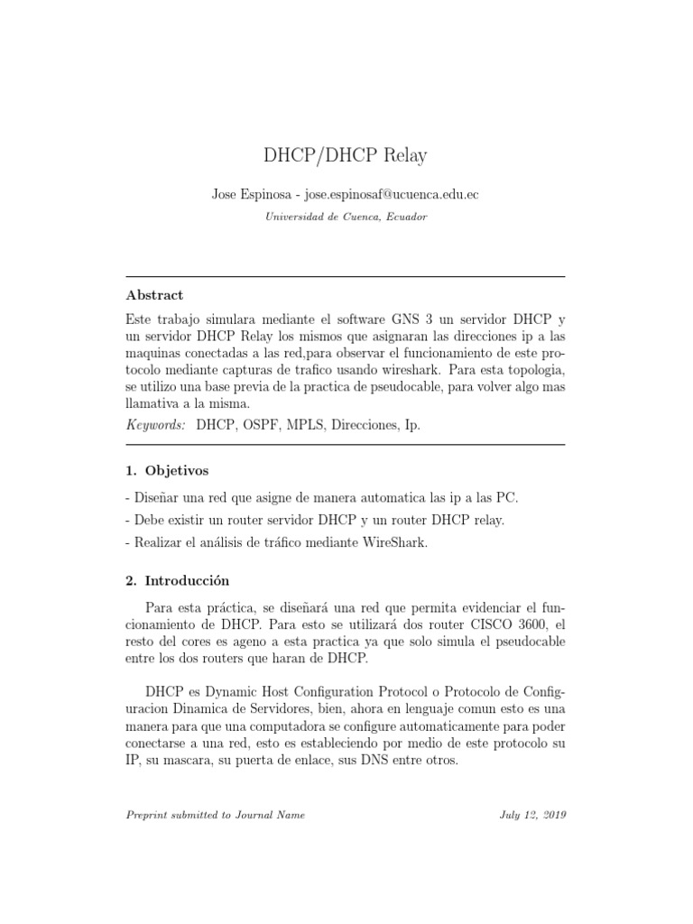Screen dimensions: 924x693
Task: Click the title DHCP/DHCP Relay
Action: (x=346, y=156)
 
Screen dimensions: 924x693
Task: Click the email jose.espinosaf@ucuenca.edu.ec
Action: (x=392, y=195)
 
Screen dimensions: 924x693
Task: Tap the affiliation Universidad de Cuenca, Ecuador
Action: (x=346, y=217)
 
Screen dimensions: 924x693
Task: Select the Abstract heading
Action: (x=154, y=295)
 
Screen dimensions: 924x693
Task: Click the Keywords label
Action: (x=156, y=425)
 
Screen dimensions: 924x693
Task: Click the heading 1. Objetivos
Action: (x=167, y=470)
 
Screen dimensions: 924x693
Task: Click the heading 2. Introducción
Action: (x=179, y=580)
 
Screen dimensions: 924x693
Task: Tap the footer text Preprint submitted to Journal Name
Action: (x=215, y=815)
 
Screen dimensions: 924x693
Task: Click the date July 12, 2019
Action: (x=532, y=815)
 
